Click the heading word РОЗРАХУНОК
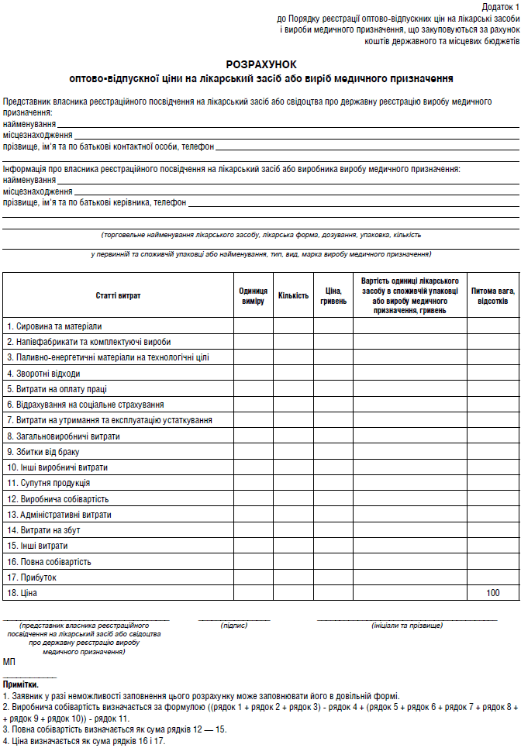(260, 64)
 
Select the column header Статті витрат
(119, 295)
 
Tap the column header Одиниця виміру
(254, 295)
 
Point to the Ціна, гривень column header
(333, 295)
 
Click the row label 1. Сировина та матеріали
(54, 326)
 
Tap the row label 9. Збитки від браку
(43, 452)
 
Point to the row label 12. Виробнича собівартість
(58, 499)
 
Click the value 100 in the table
(492, 593)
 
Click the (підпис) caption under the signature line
(234, 625)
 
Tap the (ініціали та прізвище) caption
(407, 625)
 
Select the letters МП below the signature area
(9, 663)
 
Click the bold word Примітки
(21, 685)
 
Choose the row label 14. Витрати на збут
(43, 530)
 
